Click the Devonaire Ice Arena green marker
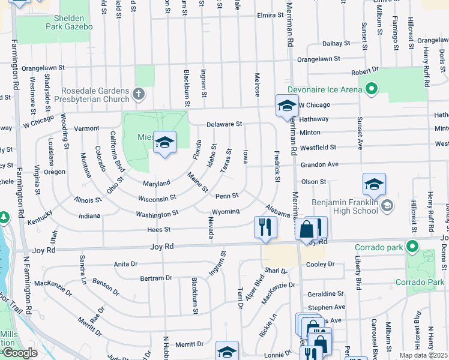[371, 90]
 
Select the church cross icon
[139, 94]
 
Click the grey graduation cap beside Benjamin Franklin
[387, 206]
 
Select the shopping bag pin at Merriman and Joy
[306, 228]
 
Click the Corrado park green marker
[411, 247]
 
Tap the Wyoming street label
[226, 212]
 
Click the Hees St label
[159, 229]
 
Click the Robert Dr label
[364, 71]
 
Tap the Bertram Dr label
[155, 278]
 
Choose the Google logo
[20, 353]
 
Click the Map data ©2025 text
[423, 355]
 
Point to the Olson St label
[313, 181]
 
